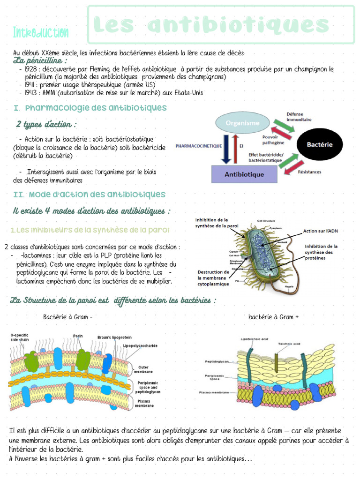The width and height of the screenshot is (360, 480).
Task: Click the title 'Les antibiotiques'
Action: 211,25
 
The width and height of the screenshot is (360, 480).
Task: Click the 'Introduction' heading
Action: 41,33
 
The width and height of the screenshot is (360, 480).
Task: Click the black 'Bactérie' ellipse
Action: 320,144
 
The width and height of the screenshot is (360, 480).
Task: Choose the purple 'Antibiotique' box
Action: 244,174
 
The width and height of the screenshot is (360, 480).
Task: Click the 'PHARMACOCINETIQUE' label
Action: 198,146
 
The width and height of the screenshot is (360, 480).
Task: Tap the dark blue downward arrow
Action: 226,148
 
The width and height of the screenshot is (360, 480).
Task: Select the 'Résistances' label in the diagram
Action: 309,172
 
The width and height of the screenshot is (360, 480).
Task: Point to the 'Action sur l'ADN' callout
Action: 320,231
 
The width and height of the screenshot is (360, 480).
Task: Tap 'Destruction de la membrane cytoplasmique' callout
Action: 213,277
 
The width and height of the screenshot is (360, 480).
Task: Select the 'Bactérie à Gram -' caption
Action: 67,317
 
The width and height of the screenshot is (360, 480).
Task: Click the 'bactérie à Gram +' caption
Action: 273,317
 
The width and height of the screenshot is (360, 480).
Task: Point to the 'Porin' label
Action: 78,336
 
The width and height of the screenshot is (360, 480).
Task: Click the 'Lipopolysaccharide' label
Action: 140,345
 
